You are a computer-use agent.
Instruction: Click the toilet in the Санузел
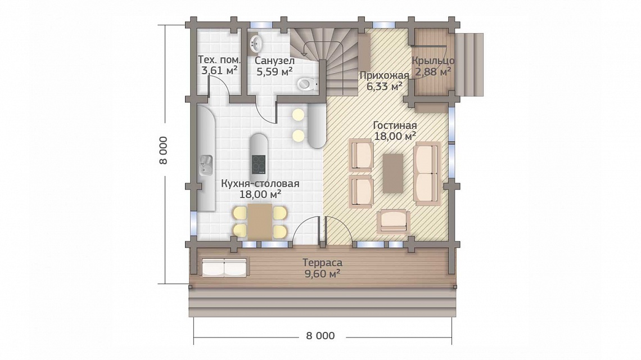(307, 84)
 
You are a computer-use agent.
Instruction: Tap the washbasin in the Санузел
(256, 42)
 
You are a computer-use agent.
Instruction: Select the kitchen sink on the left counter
(206, 165)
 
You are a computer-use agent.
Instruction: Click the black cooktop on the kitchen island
(258, 164)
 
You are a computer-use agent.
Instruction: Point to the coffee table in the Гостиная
(393, 173)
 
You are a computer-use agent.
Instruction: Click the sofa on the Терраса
(224, 267)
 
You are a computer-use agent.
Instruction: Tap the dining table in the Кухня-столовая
(260, 221)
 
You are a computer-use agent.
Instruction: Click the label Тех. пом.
(219, 59)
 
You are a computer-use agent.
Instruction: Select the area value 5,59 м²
(274, 71)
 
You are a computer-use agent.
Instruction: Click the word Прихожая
(384, 75)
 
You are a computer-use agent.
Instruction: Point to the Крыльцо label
(433, 61)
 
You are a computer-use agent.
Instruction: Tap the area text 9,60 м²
(323, 273)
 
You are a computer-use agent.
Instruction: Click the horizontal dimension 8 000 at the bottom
(320, 336)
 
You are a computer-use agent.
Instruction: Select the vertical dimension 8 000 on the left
(163, 150)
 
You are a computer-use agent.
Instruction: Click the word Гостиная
(395, 125)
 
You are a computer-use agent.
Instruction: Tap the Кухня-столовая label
(260, 183)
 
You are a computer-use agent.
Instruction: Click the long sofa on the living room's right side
(427, 173)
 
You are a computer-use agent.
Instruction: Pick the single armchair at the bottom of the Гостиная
(393, 221)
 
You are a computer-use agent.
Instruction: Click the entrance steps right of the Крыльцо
(470, 65)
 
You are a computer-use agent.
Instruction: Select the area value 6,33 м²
(384, 86)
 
